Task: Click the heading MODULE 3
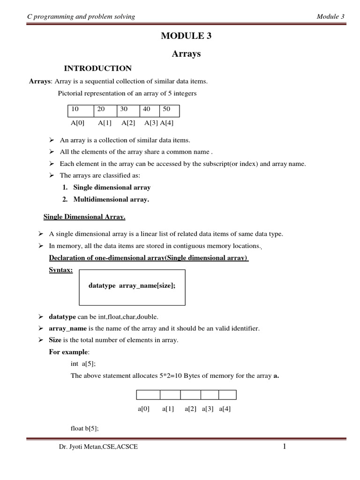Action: click(186, 37)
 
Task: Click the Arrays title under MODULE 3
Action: click(186, 54)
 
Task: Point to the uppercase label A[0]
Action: click(78, 123)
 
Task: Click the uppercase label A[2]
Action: click(128, 123)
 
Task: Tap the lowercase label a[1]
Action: click(168, 409)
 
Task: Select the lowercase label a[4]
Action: click(225, 409)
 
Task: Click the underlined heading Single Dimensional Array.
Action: click(84, 217)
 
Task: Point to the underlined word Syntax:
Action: click(61, 270)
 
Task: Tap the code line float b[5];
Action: click(84, 428)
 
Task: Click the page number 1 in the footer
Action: click(284, 447)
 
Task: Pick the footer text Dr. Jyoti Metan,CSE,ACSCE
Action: click(98, 448)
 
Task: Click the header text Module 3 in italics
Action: click(330, 17)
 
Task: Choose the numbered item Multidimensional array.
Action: click(111, 199)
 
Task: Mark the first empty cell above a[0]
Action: click(148, 395)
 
